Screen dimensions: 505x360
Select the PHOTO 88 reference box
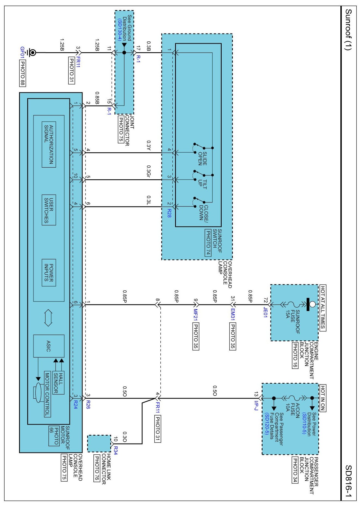tap(23, 73)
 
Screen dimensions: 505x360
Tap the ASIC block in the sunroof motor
tap(49, 346)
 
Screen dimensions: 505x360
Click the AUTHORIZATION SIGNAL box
tap(49, 144)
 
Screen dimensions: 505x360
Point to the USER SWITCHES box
tap(49, 210)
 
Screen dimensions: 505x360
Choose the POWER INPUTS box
tap(49, 273)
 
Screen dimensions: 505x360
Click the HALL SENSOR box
tap(58, 383)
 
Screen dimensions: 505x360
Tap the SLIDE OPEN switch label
tap(203, 159)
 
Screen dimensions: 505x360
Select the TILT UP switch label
tap(203, 184)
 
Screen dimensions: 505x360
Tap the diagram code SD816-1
tap(349, 481)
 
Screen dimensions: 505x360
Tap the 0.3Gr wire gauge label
tap(149, 171)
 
